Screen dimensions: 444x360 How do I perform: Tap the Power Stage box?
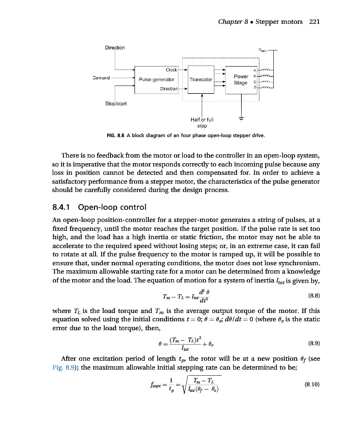point(240,79)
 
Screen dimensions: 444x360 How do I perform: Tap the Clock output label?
point(171,70)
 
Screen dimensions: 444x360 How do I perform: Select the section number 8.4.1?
point(57,209)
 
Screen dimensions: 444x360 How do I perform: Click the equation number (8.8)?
point(311,295)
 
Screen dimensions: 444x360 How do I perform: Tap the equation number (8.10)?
point(309,383)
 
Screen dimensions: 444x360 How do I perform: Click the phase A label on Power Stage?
point(254,70)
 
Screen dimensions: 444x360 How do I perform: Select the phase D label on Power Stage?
point(254,88)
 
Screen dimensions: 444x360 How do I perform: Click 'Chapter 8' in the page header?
point(234,22)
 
